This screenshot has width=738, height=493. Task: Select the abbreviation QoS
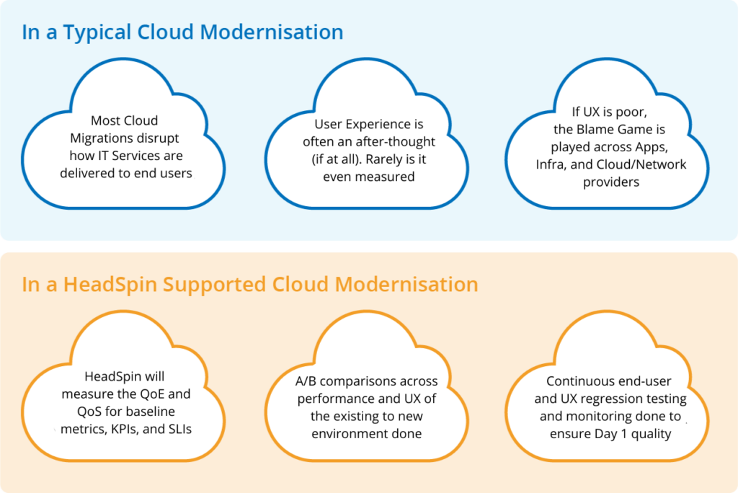pos(95,412)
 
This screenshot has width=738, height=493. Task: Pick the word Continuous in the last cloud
pos(575,381)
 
